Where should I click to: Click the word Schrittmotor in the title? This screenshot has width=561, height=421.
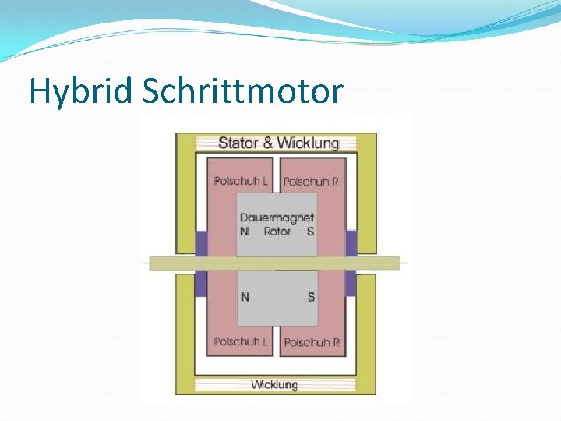[243, 91]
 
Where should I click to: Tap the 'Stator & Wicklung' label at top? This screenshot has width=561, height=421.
[278, 143]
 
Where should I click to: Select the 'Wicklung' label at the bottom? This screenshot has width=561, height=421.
[273, 384]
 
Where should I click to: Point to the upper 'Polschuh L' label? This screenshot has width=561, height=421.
[241, 181]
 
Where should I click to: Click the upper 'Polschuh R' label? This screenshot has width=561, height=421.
[311, 182]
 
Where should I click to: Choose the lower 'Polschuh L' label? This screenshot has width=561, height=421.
[241, 341]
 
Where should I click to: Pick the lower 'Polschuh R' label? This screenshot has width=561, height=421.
[311, 342]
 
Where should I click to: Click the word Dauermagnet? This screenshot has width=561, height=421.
[277, 218]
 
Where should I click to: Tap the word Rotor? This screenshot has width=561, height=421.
[277, 232]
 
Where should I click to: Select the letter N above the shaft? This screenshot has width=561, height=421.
[245, 232]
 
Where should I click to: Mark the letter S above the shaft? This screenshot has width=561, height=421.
[311, 232]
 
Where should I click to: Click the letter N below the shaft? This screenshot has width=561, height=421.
[245, 296]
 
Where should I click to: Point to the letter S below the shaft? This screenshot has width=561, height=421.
[311, 296]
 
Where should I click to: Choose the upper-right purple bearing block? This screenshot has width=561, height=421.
[351, 242]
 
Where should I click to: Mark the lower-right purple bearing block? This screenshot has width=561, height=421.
[351, 283]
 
